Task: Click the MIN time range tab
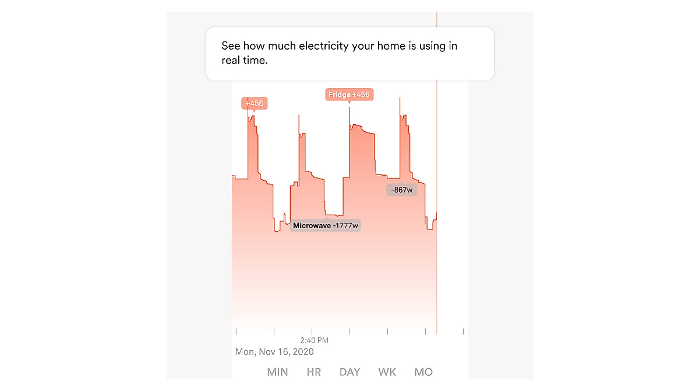pos(277,372)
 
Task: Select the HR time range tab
pos(314,372)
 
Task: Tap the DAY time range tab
pos(349,372)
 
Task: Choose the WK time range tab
pos(387,372)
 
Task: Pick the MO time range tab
pos(423,372)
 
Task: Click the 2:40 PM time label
pos(315,340)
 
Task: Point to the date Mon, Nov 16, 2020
pos(274,352)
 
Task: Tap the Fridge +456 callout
pos(349,95)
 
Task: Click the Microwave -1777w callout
pos(326,226)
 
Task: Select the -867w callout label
pos(402,190)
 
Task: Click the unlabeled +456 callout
pos(254,104)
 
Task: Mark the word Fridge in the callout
pos(339,95)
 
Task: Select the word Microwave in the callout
pos(311,226)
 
